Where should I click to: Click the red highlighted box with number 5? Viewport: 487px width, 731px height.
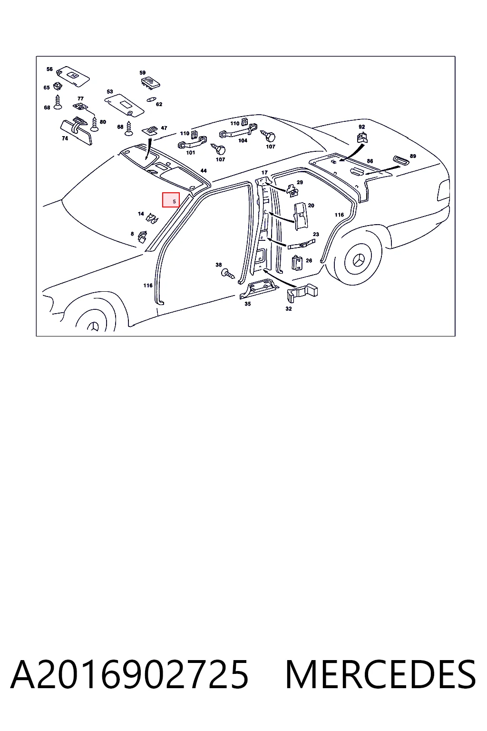click(171, 200)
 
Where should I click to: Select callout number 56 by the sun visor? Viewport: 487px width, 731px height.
click(49, 69)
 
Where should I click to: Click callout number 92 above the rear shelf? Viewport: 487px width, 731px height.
click(361, 127)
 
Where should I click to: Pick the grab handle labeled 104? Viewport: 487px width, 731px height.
click(239, 130)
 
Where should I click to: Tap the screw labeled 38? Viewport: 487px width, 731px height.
click(228, 274)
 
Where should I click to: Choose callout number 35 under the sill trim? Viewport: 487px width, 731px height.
click(248, 304)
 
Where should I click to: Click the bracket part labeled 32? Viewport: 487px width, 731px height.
click(302, 293)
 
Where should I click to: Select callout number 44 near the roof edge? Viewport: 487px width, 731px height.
click(204, 171)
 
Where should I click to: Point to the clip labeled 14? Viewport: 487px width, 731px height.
click(152, 218)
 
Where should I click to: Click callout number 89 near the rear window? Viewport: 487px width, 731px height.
click(413, 156)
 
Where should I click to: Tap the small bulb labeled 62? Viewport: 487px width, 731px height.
click(151, 99)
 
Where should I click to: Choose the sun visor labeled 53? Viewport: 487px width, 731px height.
click(124, 107)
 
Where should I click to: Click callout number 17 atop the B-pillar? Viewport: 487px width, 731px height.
click(264, 172)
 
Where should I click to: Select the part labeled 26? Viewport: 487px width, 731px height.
click(297, 263)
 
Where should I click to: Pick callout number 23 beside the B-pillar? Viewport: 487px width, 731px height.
click(316, 234)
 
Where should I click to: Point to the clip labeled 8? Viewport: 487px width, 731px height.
click(143, 237)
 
